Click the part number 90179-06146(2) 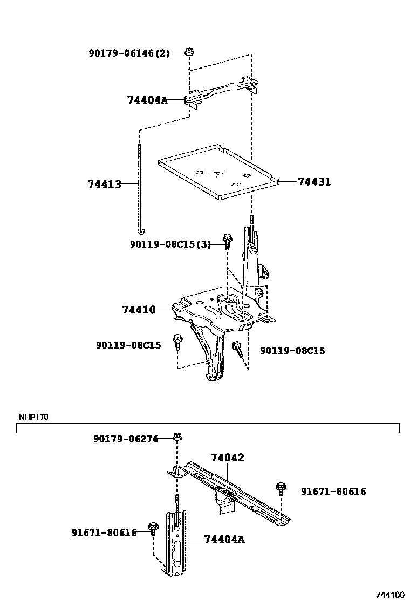(x=129, y=53)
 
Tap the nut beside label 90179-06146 (x=189, y=52)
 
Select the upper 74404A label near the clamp (x=147, y=100)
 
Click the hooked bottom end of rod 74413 (x=140, y=231)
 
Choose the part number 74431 (x=314, y=182)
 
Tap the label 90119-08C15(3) (x=170, y=244)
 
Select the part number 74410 (x=139, y=310)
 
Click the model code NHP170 (x=33, y=417)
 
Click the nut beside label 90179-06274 (x=176, y=437)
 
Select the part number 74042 (x=227, y=458)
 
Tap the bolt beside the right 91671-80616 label (x=281, y=488)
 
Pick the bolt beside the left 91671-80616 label (x=153, y=527)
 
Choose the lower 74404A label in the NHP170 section (x=224, y=538)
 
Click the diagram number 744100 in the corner (x=390, y=595)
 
